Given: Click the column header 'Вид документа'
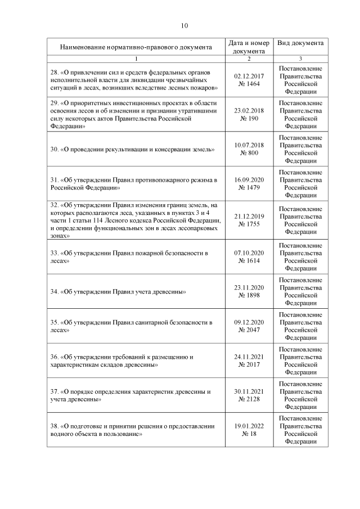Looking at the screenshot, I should tap(300, 43).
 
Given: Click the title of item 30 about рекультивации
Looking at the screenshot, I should tap(132, 150).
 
